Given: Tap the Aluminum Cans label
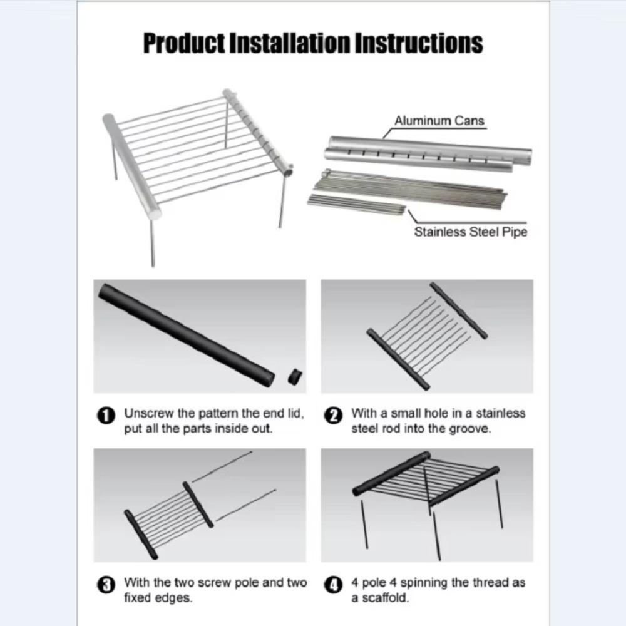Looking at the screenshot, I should (439, 121).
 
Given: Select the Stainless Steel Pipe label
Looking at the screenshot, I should (470, 232).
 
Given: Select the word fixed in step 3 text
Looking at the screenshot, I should (138, 598).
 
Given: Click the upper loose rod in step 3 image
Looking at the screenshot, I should (222, 466).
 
